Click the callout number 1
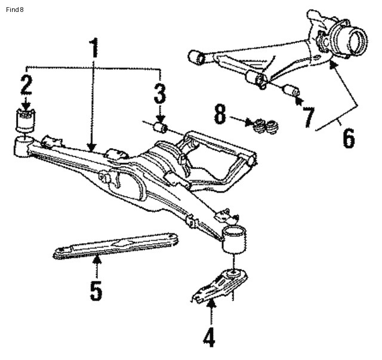[x=93, y=50]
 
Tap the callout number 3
[x=159, y=94]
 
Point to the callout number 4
[x=208, y=336]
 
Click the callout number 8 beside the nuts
[x=220, y=115]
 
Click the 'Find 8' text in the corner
[x=14, y=9]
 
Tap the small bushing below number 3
[x=160, y=127]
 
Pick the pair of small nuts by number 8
[x=265, y=127]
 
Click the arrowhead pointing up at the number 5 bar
[x=95, y=259]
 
